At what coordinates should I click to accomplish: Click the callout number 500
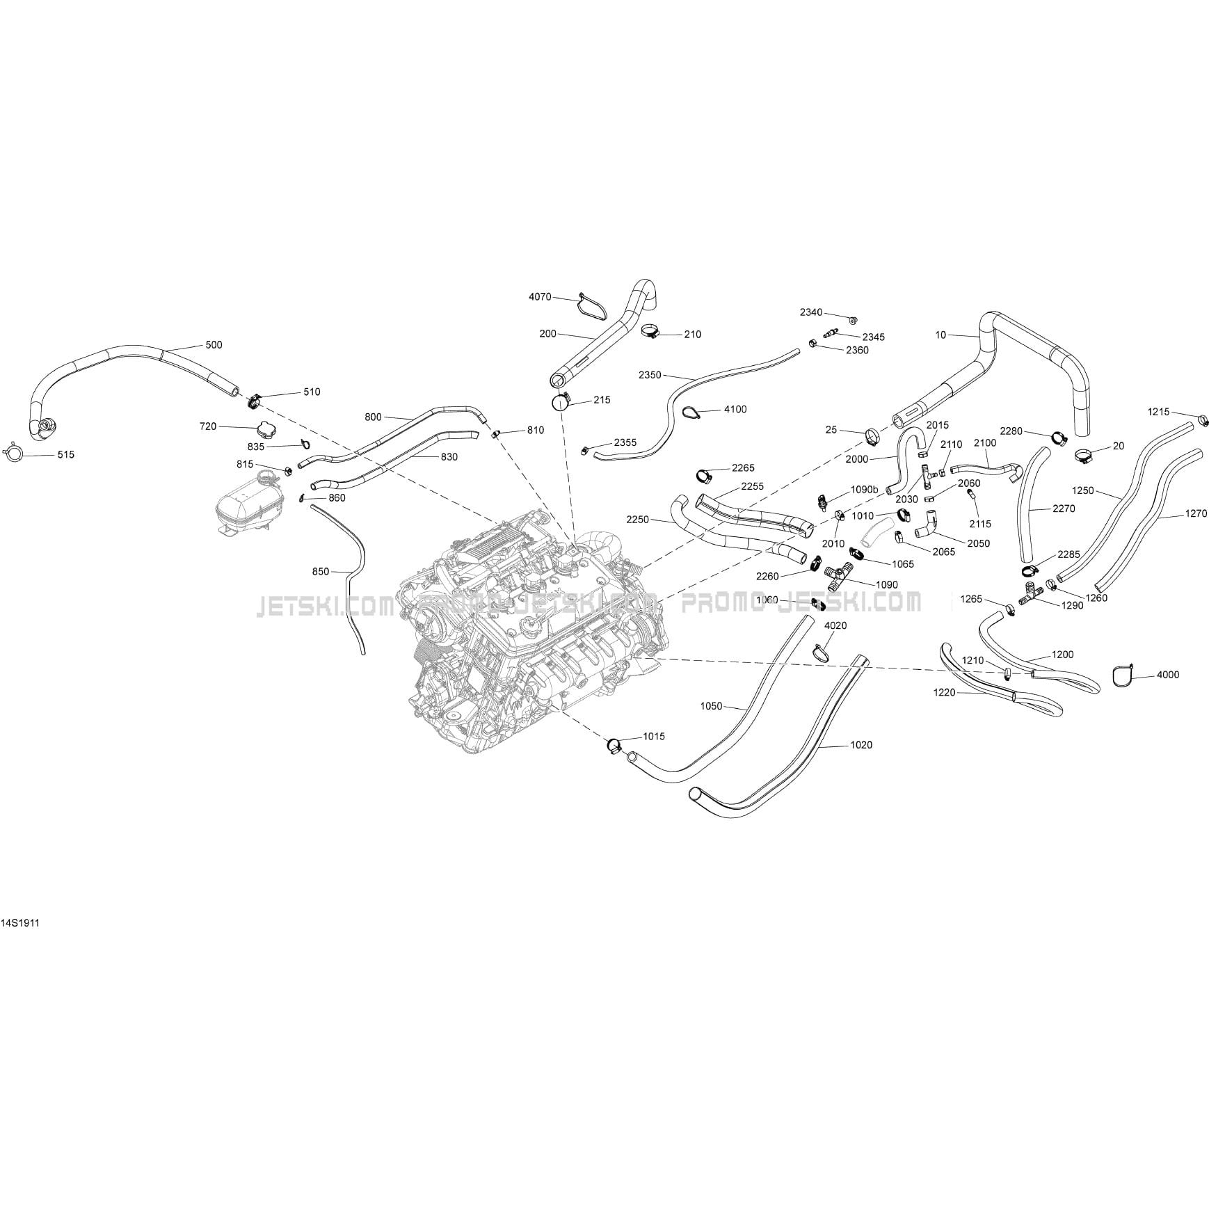coord(214,345)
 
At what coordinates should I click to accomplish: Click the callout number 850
coord(321,572)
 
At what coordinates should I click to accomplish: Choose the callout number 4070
coord(540,297)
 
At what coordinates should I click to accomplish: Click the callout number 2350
coord(650,375)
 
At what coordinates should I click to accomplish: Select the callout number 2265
coord(743,468)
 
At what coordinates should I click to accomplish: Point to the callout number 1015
coord(654,736)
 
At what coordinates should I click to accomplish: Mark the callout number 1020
coord(861,745)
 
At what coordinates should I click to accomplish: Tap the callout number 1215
coord(1158,412)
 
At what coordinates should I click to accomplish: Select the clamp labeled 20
coord(1083,456)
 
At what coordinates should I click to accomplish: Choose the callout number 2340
coord(811,312)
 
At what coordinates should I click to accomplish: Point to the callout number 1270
coord(1196,514)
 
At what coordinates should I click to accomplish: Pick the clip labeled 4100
coord(691,413)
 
